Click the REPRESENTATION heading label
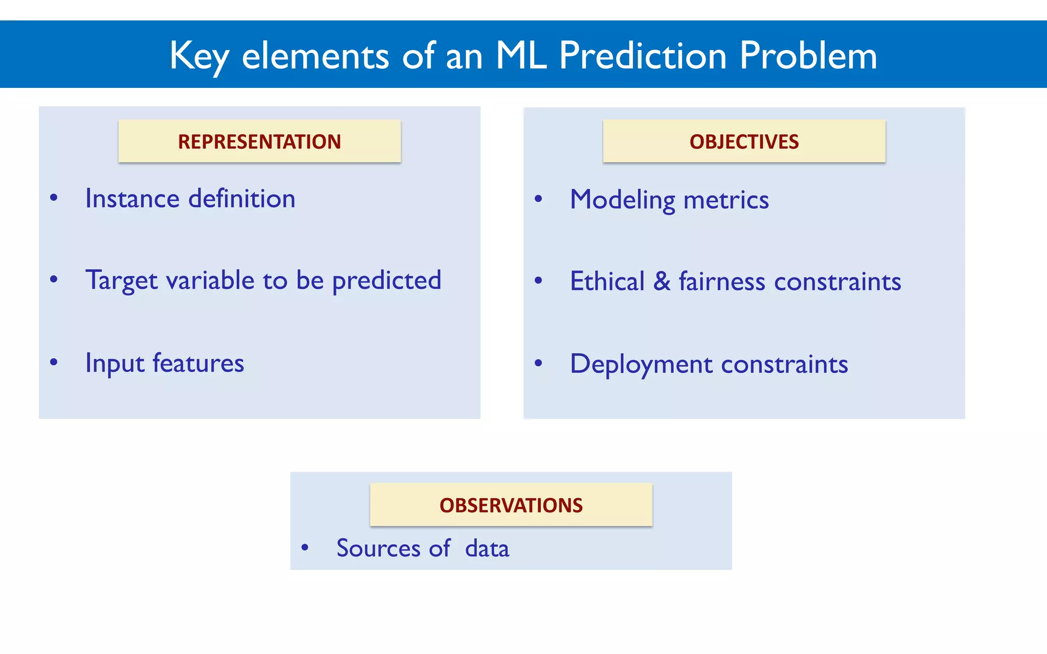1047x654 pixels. pos(259,142)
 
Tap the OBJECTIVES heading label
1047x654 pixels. pos(744,142)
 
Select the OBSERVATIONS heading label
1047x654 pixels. pos(511,505)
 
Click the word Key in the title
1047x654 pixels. pos(199,56)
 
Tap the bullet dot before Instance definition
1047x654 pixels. pos(54,198)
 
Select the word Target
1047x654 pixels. pos(121,281)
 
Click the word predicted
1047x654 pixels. pos(386,281)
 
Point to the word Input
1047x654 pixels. pos(115,364)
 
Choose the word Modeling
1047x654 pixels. pos(622,200)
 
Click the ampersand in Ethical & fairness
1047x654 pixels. pos(662,282)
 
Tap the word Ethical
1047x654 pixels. pos(607,282)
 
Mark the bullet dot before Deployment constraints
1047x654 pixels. pos(538,363)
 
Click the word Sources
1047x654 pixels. pos(378,548)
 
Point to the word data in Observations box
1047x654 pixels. pos(487,548)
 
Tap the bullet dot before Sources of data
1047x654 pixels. pos(305,548)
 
